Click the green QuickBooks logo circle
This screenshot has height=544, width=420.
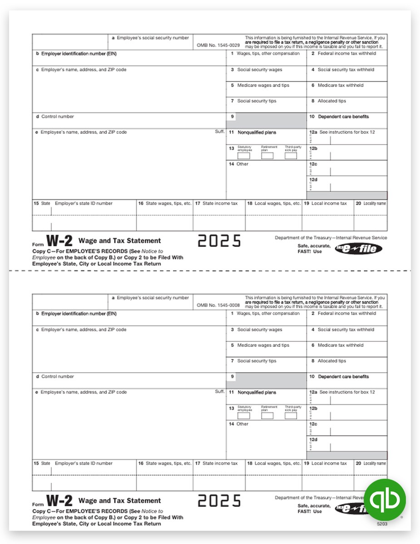(385, 500)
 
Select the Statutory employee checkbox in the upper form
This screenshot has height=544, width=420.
(244, 156)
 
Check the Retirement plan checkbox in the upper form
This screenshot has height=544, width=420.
(267, 156)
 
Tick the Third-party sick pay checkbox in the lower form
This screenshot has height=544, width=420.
(291, 416)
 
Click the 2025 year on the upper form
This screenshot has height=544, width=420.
(219, 241)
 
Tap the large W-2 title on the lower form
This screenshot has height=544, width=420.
(59, 501)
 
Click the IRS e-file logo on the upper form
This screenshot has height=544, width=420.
(358, 248)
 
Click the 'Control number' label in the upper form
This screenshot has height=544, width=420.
(57, 117)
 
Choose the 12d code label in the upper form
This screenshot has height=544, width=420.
(313, 180)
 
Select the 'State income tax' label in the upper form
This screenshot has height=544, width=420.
(220, 204)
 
